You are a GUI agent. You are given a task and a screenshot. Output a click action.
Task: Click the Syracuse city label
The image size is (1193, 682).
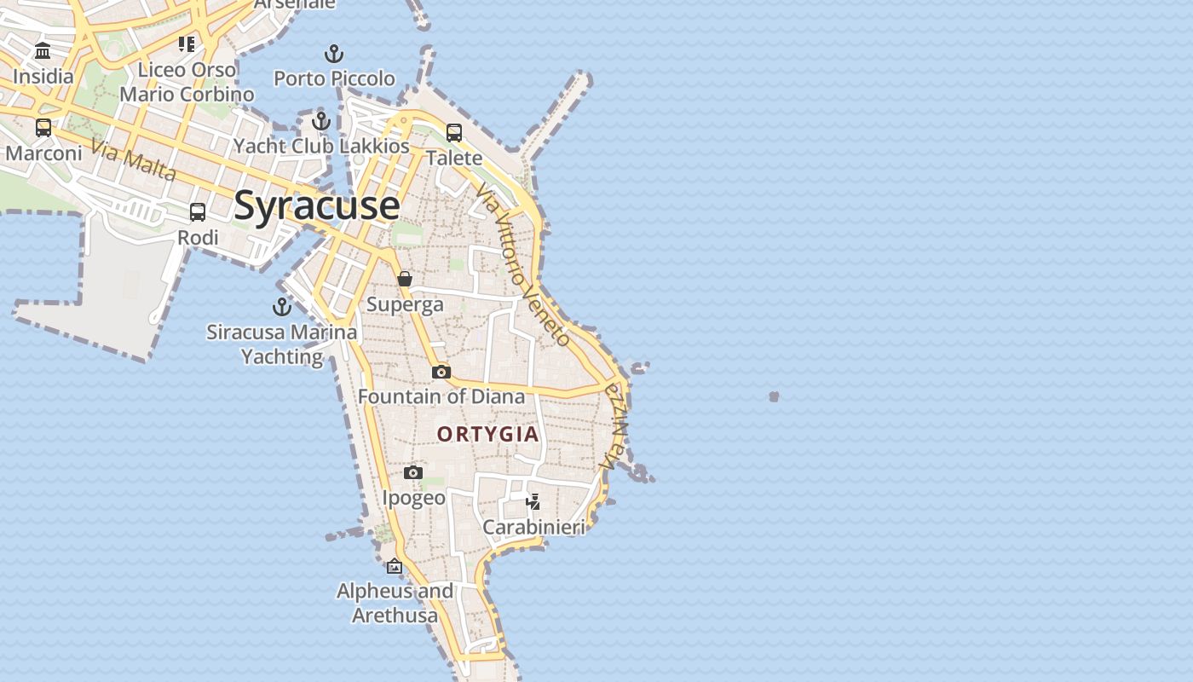[x=316, y=205]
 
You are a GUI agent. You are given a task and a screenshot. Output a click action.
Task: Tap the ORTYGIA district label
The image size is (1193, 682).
[x=488, y=434]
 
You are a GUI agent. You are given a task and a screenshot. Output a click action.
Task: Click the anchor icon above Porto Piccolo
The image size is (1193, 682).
[x=334, y=55]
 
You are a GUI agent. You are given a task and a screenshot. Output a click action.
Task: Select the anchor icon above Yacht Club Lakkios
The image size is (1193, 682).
[x=321, y=121]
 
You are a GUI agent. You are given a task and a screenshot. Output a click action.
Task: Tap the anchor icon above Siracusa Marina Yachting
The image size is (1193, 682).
[x=282, y=307]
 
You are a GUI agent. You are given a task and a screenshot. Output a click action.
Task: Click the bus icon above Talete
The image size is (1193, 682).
[x=454, y=133]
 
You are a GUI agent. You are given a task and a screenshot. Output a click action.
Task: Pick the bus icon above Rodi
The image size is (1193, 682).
[x=198, y=212]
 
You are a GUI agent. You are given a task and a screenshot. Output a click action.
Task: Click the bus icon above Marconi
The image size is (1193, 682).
[x=43, y=128]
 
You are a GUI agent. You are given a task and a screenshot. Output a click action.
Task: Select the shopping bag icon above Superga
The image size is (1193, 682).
[x=405, y=279]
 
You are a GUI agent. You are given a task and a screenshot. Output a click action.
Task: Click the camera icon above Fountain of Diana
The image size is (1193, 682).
[x=441, y=372]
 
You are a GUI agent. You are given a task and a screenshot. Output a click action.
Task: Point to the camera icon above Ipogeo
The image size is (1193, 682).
[x=413, y=472]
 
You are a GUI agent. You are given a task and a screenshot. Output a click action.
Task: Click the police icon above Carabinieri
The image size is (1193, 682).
[x=533, y=502]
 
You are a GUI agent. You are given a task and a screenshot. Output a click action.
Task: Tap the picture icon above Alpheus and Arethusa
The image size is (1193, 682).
[x=395, y=566]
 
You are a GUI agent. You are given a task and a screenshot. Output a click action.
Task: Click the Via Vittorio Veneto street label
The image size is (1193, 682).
[x=523, y=264]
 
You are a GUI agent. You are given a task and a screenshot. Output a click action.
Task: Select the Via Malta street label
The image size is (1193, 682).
[x=133, y=160]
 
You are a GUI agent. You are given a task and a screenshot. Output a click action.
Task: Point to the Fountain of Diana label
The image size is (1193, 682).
[x=441, y=396]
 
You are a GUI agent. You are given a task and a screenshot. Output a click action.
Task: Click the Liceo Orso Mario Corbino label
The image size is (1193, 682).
[x=187, y=82]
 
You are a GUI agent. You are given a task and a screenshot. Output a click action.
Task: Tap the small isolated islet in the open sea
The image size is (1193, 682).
[x=774, y=396]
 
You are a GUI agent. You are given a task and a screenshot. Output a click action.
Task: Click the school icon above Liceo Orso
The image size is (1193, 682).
[x=187, y=43]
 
